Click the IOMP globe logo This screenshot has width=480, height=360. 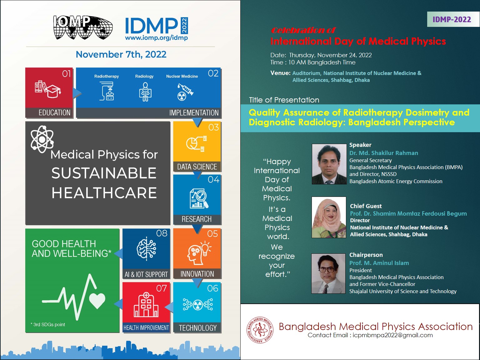(83, 27)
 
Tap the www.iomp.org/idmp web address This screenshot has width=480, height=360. (156, 38)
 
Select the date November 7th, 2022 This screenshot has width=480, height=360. (121, 54)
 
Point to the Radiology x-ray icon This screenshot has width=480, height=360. (145, 92)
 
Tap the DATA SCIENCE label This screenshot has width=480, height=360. (197, 167)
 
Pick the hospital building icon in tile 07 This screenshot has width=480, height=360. (146, 305)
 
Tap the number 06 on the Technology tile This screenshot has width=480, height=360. (212, 288)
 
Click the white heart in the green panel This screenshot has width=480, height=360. (97, 300)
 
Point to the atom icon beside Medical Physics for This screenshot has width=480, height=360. (42, 139)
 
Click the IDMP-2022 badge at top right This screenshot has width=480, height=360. (452, 19)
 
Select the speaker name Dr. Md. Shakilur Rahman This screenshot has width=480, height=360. (383, 153)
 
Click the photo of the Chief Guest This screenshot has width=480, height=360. (329, 217)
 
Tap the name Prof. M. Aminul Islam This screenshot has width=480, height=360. (379, 263)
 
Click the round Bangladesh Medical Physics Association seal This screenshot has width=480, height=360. (260, 330)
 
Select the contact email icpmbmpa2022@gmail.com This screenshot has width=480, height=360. (392, 335)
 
